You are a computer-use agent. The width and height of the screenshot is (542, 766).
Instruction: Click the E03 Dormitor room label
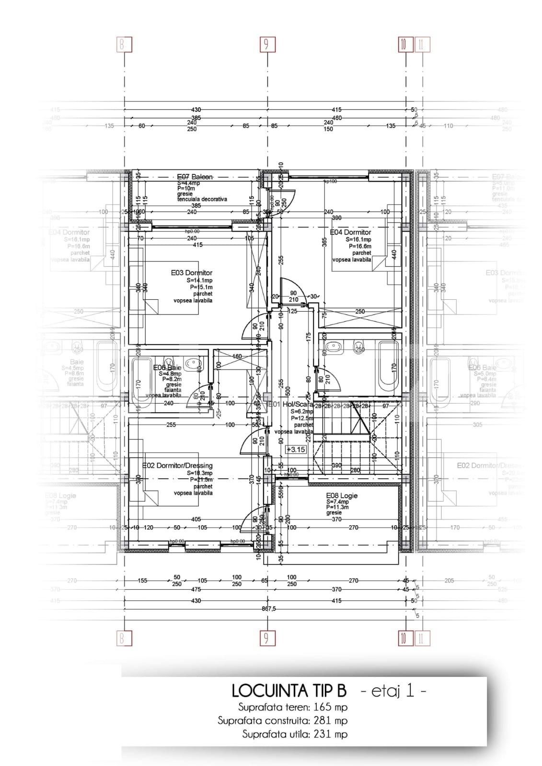pos(191,273)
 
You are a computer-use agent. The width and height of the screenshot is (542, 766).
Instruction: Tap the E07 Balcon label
pos(195,177)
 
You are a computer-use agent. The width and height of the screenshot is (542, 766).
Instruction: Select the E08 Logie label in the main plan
pos(342,496)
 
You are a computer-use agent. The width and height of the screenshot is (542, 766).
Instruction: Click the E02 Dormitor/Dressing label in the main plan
pos(177,465)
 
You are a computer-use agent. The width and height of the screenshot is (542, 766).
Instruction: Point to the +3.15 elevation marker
pos(296,450)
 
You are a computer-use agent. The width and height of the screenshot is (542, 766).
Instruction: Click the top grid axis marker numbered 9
pos(266,45)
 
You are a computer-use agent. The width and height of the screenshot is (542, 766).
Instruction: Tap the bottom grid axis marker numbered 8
pos(125,638)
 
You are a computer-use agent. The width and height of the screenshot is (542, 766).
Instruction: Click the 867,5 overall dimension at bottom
pos(268,608)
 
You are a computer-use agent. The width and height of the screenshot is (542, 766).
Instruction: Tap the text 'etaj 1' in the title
pos(392,691)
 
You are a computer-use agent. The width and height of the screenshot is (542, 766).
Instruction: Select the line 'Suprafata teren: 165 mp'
pos(293,707)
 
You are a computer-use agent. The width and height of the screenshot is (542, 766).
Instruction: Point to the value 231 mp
pos(330,734)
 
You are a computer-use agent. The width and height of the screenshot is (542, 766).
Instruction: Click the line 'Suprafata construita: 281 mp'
pos(282,721)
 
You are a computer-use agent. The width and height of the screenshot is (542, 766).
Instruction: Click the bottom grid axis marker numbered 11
pos(422,638)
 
